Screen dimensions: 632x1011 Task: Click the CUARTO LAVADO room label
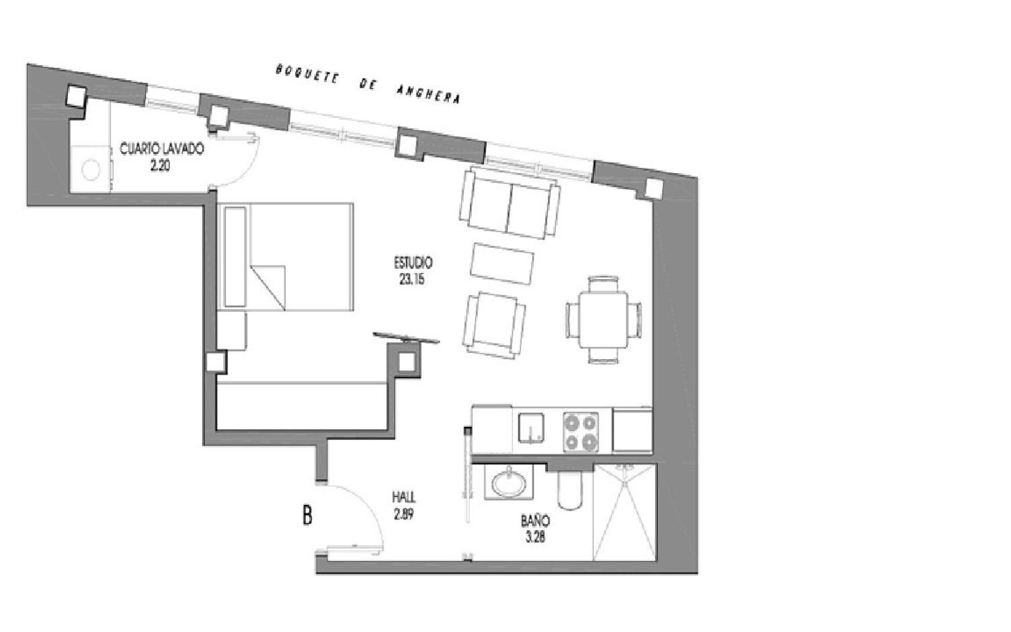pos(161,149)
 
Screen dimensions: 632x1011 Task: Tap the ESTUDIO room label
pos(412,263)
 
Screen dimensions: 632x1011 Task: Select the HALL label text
pos(404,497)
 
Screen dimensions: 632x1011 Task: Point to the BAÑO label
pos(534,521)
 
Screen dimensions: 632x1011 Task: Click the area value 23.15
pos(412,280)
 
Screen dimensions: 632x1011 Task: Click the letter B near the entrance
pos(307,516)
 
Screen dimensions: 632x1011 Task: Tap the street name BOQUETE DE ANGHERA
pos(368,84)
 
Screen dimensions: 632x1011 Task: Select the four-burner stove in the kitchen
pos(580,432)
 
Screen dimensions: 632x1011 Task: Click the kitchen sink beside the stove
pos(532,429)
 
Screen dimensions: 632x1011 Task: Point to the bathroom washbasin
pos(509,484)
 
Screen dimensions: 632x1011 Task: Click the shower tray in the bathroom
pos(624,512)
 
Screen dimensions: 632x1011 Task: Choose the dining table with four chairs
pos(603,320)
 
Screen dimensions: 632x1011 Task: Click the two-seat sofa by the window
pos(510,203)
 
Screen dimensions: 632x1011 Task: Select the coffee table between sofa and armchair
pos(503,264)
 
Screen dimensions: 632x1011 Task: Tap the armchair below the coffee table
pos(493,324)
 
